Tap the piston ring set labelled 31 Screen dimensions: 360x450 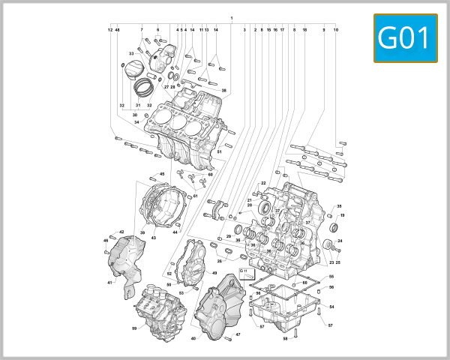142,86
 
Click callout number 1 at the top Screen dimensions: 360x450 232,17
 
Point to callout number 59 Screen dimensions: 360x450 134,328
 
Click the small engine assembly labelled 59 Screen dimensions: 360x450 158,308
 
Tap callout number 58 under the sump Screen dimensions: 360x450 285,339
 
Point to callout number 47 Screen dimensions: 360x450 238,334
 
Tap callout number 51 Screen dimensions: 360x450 220,152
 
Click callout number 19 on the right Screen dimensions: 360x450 342,215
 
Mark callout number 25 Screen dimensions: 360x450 337,262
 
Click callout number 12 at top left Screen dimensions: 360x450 109,29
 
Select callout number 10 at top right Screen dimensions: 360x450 336,29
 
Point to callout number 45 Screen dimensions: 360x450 162,174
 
